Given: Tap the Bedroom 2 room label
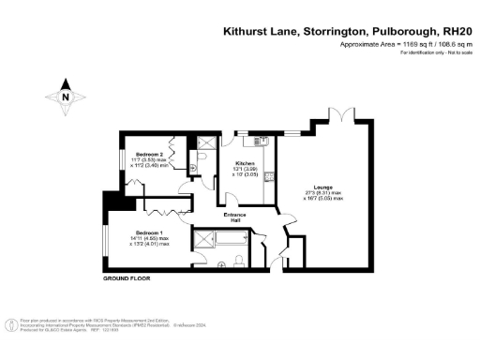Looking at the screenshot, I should [150, 154].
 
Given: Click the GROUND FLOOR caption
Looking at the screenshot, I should [127, 279].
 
